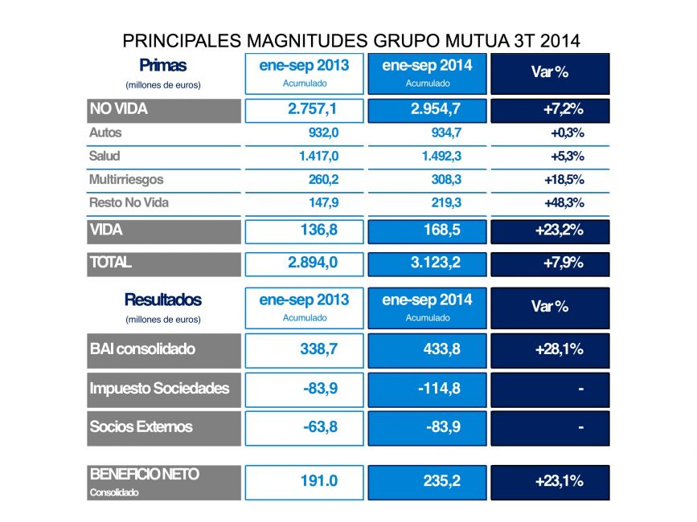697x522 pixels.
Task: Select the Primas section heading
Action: click(162, 65)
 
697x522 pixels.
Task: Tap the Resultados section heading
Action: click(162, 300)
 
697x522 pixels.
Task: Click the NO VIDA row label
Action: click(119, 108)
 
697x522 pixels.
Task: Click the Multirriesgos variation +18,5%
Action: click(564, 179)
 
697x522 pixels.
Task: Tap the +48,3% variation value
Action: click(564, 202)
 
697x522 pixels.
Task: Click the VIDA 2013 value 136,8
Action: click(310, 230)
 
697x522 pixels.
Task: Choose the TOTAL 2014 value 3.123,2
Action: click(426, 263)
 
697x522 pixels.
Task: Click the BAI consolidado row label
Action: click(142, 349)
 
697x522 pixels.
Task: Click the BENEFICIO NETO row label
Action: click(144, 475)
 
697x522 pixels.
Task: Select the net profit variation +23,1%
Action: click(559, 481)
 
